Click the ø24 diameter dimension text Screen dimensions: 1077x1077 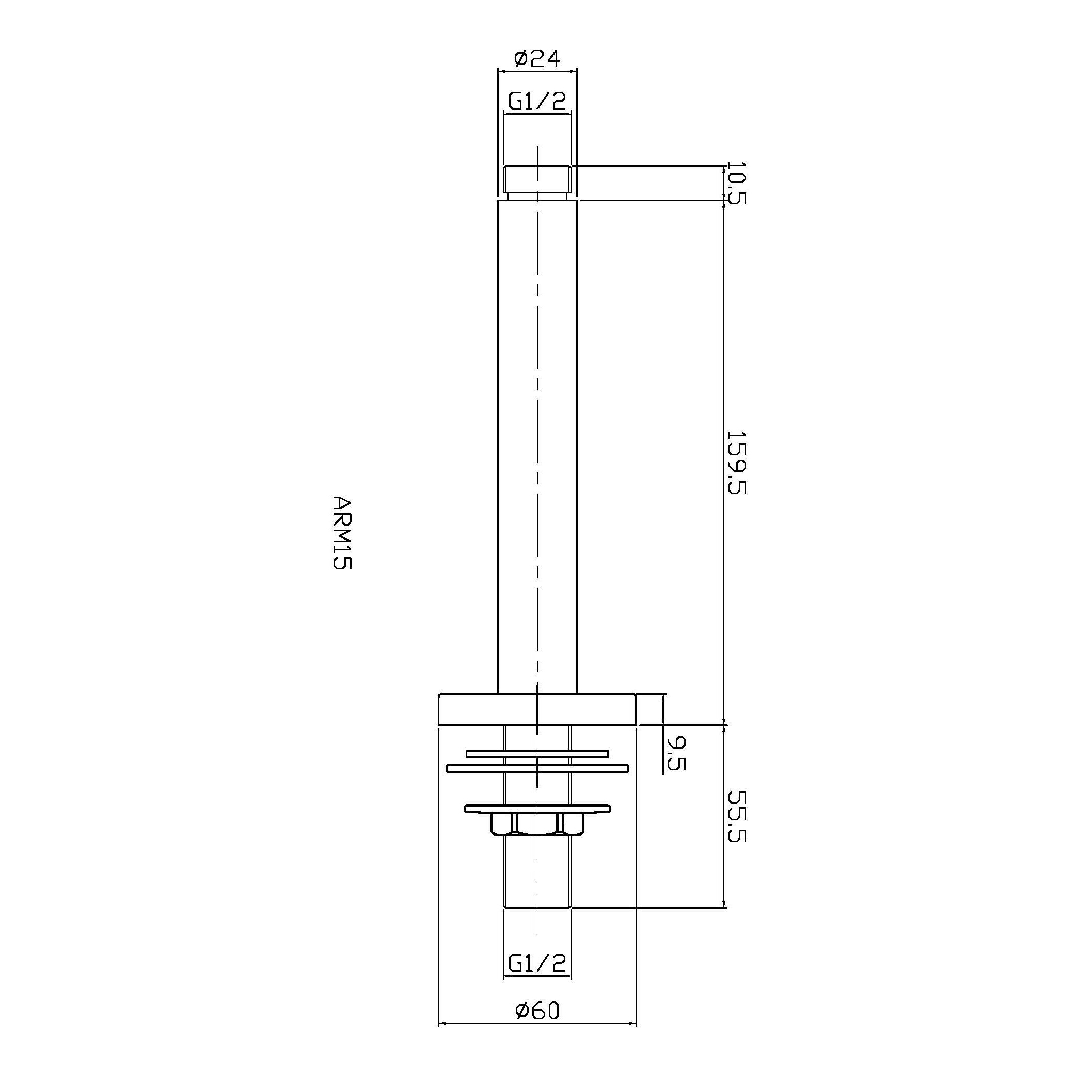tap(537, 58)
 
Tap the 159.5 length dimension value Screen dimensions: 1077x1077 tap(736, 462)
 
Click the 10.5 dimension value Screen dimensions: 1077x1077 tap(736, 183)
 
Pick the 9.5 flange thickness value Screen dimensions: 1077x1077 tap(676, 753)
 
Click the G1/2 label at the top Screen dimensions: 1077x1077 tap(537, 102)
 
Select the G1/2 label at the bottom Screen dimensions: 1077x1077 tap(537, 963)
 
